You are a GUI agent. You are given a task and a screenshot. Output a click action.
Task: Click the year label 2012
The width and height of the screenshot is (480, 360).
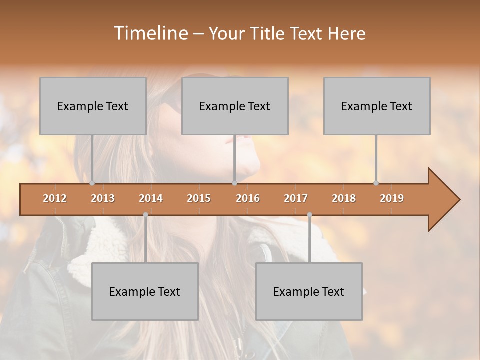[55, 198]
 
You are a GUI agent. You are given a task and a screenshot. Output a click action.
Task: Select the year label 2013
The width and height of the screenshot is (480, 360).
[103, 198]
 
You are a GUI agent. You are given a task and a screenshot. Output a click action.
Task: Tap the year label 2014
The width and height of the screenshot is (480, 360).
[151, 198]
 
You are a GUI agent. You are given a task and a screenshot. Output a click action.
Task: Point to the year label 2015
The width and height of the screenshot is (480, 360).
[199, 198]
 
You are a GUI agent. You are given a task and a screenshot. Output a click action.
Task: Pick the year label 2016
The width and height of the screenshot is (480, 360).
[248, 198]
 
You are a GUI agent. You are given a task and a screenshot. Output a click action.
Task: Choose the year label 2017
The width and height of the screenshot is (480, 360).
[296, 198]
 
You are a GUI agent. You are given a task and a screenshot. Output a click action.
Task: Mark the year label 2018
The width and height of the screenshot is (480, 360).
[344, 198]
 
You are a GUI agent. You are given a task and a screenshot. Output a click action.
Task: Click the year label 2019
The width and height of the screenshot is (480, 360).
[392, 198]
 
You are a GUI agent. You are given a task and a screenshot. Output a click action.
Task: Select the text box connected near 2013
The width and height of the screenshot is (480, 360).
[93, 106]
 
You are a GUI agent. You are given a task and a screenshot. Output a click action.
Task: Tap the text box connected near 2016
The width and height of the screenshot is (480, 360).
[235, 106]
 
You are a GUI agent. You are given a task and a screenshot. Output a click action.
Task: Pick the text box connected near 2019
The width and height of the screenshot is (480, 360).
[377, 106]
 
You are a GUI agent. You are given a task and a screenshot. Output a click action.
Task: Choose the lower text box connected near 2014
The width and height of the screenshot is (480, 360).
[145, 291]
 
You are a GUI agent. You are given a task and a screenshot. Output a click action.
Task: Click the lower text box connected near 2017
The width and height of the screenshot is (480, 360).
[309, 291]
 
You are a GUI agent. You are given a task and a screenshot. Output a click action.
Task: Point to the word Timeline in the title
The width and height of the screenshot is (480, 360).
[151, 33]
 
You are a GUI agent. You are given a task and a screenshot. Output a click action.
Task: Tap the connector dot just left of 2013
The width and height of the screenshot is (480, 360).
[92, 183]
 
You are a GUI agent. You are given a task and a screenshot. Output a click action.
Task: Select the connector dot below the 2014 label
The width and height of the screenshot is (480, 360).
[145, 215]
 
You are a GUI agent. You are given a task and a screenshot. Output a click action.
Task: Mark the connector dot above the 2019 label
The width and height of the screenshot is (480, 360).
[376, 183]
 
